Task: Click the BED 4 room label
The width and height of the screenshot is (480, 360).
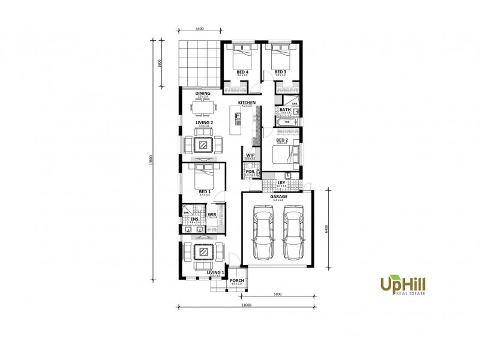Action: point(242,73)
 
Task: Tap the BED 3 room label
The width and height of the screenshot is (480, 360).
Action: point(281,73)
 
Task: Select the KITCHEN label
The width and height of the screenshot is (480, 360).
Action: point(247,103)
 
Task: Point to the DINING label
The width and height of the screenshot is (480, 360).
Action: point(203,94)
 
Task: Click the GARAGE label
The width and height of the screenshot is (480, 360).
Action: point(278,196)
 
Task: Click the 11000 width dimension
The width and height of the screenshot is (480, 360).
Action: point(245,305)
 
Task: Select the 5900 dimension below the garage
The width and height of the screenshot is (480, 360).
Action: point(278,295)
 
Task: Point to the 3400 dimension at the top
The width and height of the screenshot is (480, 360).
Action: point(200,28)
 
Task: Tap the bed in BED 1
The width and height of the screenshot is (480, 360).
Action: point(202,176)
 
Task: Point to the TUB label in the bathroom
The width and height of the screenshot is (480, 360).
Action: point(286,122)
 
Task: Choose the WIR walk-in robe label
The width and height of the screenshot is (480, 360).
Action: point(212,214)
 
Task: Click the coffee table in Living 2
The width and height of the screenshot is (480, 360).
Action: point(203,144)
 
